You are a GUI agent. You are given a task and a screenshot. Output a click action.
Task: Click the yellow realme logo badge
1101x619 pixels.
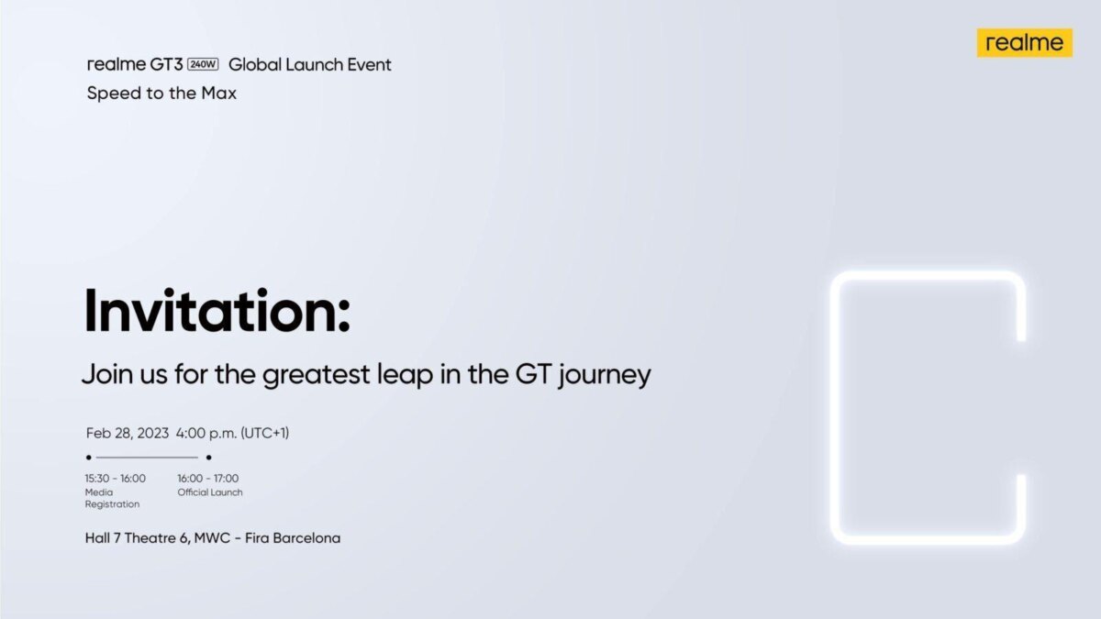pos(1024,42)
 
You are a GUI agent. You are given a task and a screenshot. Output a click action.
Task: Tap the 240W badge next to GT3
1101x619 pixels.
pos(201,65)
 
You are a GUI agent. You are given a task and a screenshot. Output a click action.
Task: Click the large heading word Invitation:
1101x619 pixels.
pos(217,312)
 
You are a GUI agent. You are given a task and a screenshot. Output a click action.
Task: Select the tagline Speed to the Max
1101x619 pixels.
pos(161,93)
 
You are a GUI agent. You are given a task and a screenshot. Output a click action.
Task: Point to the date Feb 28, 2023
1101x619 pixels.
pos(128,433)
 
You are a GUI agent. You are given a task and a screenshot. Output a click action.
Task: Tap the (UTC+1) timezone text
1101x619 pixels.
pos(264,433)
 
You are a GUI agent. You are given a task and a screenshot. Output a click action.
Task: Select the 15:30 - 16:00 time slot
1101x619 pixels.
pos(115,478)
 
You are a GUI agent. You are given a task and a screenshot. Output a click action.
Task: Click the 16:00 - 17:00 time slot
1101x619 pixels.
pos(207,478)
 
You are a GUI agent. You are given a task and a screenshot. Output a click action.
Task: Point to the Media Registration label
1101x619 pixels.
pos(112,498)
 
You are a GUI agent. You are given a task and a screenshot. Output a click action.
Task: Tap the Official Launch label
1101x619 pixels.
pos(210,492)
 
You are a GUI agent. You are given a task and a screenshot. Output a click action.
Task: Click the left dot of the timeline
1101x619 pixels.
pos(89,457)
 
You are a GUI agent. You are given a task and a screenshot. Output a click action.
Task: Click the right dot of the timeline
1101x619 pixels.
pos(209,457)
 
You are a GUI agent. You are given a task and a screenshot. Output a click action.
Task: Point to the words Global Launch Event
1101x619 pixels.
pos(309,65)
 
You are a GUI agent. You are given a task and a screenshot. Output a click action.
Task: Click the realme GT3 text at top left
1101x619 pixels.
pos(135,65)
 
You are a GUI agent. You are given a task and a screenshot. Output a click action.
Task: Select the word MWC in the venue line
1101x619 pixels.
pos(214,537)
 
